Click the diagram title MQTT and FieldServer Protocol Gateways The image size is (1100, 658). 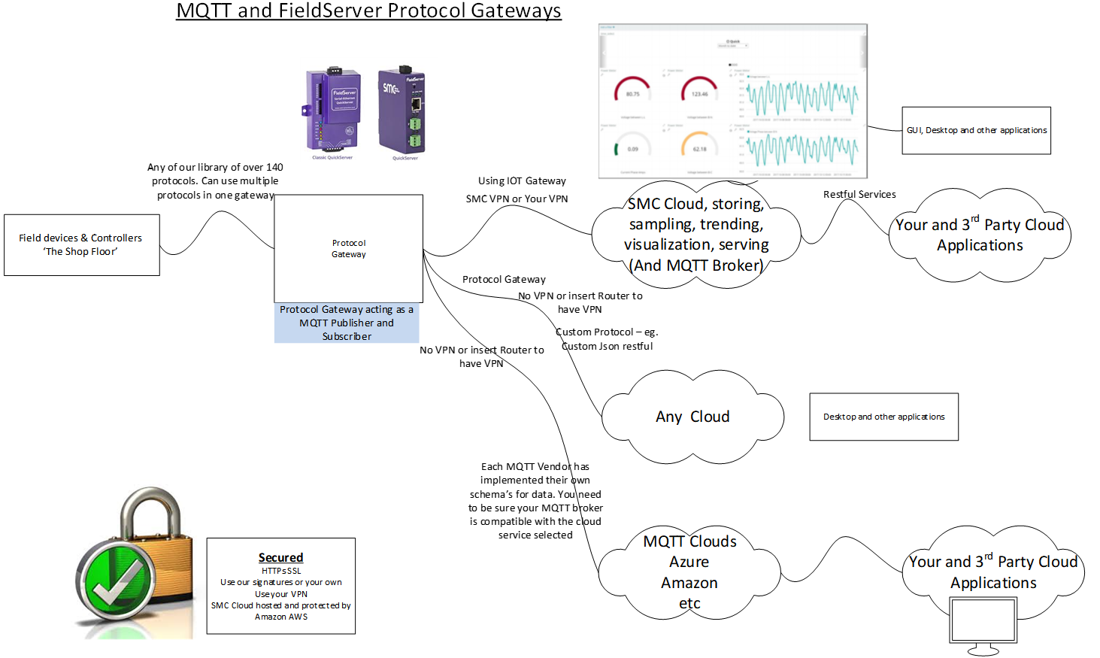pyautogui.click(x=368, y=11)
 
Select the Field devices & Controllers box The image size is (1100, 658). pyautogui.click(x=81, y=245)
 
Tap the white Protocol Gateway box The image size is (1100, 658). pyautogui.click(x=348, y=249)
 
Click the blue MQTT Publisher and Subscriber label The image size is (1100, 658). pyautogui.click(x=347, y=323)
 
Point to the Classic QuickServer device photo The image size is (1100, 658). pyautogui.click(x=333, y=109)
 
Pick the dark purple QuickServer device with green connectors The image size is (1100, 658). pyautogui.click(x=402, y=111)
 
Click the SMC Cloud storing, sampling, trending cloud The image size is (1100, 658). pyautogui.click(x=695, y=234)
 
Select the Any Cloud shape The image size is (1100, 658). pyautogui.click(x=692, y=417)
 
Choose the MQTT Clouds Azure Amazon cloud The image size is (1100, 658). pyautogui.click(x=689, y=572)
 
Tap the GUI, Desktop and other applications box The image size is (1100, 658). pyautogui.click(x=976, y=131)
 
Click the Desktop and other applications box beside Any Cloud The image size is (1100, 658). pyautogui.click(x=883, y=417)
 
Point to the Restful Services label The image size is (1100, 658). pyautogui.click(x=859, y=194)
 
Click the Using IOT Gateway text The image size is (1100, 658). pyautogui.click(x=522, y=180)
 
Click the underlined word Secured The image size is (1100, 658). pyautogui.click(x=280, y=557)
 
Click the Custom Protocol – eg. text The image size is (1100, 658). pyautogui.click(x=607, y=332)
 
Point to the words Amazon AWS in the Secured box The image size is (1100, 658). pyautogui.click(x=281, y=617)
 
